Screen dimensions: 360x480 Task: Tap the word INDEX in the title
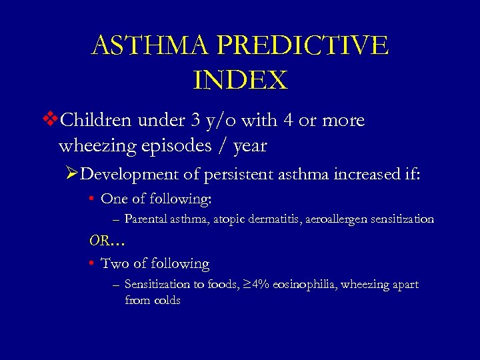(240, 80)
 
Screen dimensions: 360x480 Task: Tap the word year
(246, 146)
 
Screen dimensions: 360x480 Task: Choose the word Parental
(145, 219)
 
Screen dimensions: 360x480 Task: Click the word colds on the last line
(166, 300)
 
